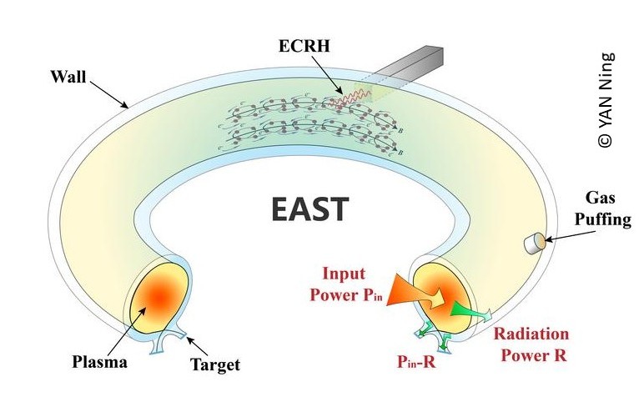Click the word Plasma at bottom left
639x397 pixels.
99,362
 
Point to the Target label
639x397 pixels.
214,364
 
